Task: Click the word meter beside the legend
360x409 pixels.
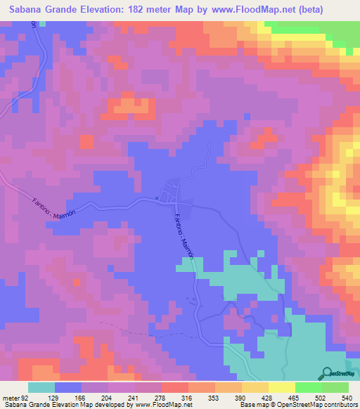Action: pyautogui.click(x=11, y=398)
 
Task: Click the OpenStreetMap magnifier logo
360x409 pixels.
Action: pyautogui.click(x=326, y=373)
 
